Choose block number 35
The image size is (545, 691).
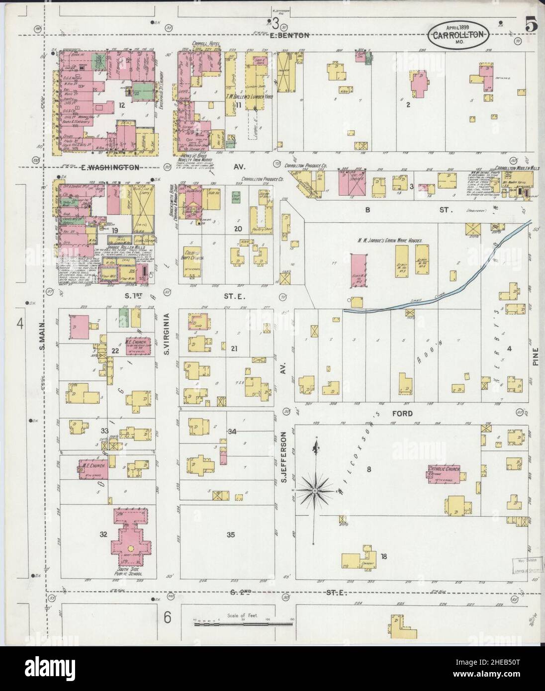[x=230, y=535]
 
